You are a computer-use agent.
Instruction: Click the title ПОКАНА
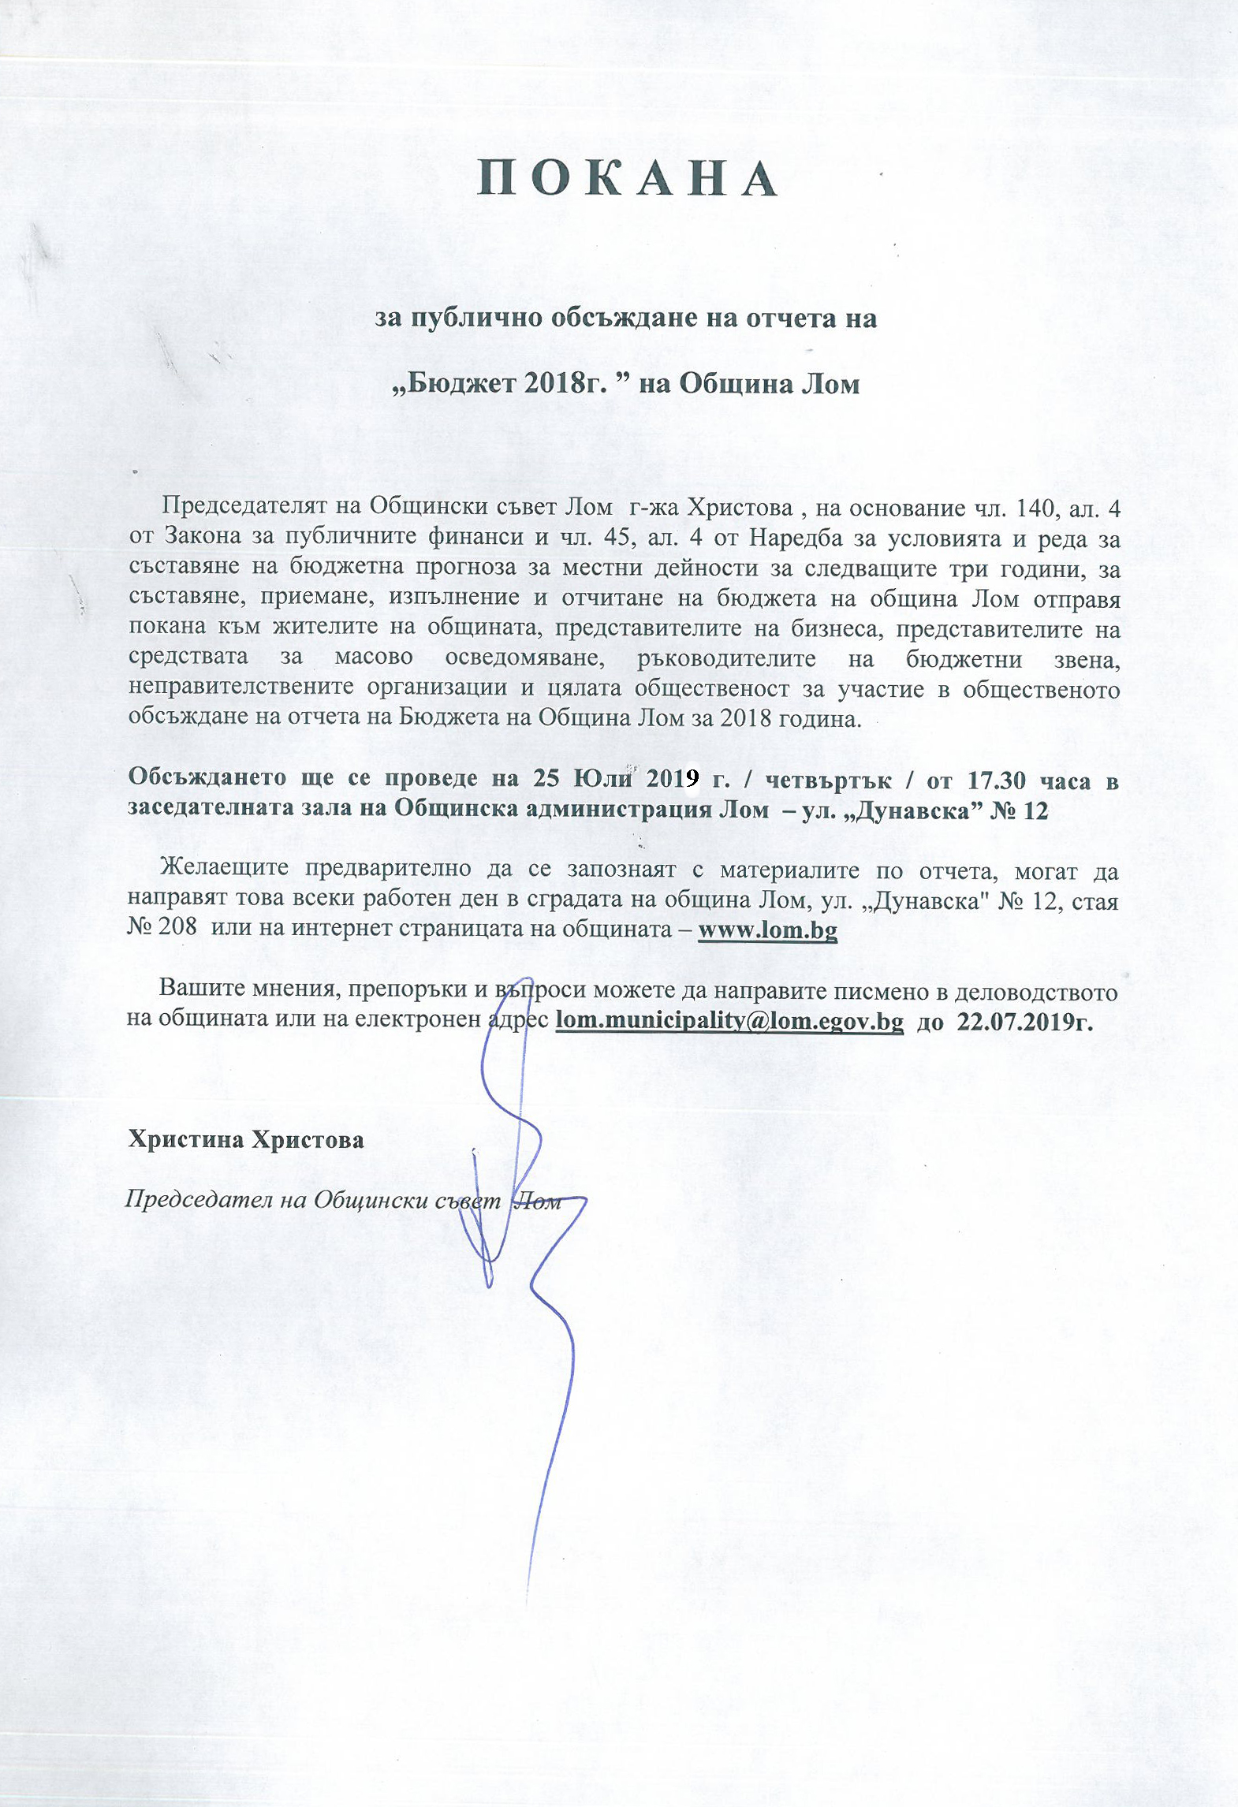(x=628, y=180)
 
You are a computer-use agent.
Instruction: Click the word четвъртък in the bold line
(x=829, y=780)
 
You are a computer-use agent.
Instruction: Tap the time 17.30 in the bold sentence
(x=997, y=780)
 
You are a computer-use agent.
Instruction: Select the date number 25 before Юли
(x=546, y=779)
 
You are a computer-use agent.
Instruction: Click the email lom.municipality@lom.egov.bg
(x=729, y=1021)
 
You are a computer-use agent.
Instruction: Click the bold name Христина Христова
(x=246, y=1141)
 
